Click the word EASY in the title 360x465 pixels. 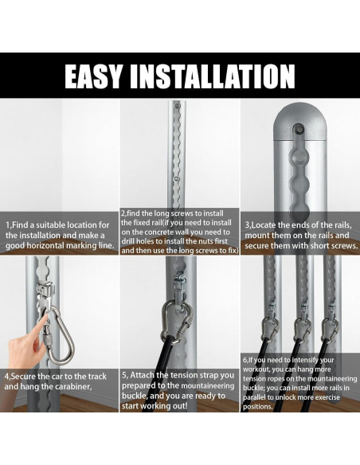[93, 76]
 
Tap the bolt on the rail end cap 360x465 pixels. [299, 129]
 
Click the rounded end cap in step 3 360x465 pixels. [299, 122]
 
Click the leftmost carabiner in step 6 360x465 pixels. [270, 329]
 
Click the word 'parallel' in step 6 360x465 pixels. [253, 397]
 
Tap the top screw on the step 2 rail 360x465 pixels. [178, 105]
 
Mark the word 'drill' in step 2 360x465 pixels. [127, 241]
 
